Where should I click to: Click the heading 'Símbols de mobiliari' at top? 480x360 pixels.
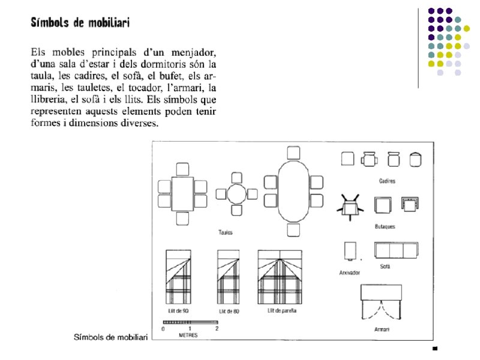click(x=80, y=23)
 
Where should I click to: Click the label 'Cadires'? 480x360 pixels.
click(x=387, y=181)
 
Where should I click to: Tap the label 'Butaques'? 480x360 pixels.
click(x=385, y=227)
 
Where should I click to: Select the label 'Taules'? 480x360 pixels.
click(x=226, y=232)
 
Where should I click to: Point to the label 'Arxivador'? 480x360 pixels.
click(x=349, y=272)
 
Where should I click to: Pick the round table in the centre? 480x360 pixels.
click(x=236, y=194)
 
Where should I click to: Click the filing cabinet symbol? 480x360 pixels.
click(x=349, y=251)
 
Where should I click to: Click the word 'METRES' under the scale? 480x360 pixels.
click(x=188, y=335)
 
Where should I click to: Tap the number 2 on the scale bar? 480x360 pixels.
click(x=217, y=329)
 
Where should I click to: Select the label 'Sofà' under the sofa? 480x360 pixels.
click(x=385, y=266)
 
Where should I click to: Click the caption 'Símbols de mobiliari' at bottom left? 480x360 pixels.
click(x=110, y=338)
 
